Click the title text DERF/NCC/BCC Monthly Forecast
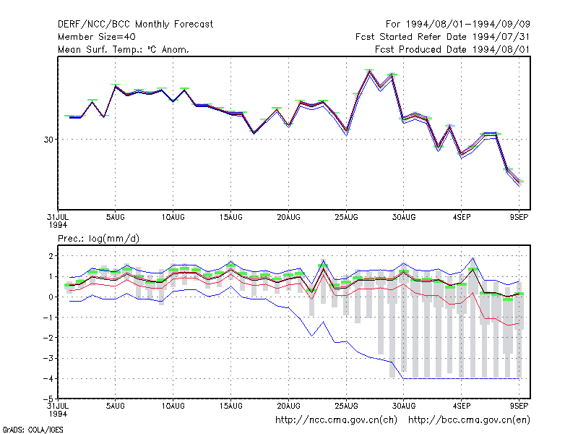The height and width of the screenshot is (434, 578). pos(135,25)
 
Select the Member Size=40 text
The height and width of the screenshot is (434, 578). pos(97,37)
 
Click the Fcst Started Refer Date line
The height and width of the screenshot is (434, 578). pos(443,37)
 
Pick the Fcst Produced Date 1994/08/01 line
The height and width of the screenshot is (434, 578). pos(453,49)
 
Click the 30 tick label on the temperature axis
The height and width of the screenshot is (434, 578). pos(48,140)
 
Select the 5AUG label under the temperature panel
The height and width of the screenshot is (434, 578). pos(116,217)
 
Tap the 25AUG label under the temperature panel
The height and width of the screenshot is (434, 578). pos(346,217)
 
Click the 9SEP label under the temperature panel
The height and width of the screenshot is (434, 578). pos(519,217)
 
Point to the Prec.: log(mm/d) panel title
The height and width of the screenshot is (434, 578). pos(98,239)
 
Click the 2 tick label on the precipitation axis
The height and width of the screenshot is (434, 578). pos(51,256)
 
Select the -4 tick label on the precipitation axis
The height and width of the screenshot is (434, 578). pos(48,378)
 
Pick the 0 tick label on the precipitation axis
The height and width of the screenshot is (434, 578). pos(51,297)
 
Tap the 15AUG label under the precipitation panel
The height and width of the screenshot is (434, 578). pos(230,406)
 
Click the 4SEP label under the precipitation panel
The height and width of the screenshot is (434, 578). pos(462,406)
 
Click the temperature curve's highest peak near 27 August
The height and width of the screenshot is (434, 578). pos(369,71)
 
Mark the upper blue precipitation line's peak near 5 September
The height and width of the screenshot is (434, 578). pos(473,258)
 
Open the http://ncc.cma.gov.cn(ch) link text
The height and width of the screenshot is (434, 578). pos(336,420)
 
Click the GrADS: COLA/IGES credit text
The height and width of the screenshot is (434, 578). pos(33,430)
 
